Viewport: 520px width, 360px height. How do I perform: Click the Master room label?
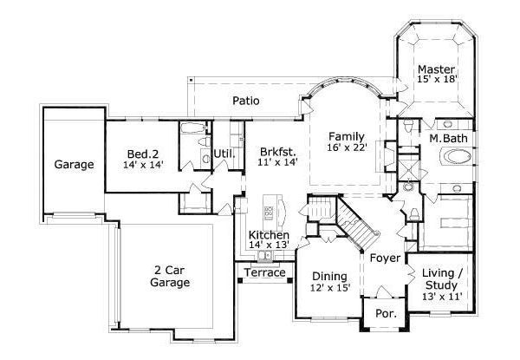[436, 69]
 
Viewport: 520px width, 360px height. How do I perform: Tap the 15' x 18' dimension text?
[436, 80]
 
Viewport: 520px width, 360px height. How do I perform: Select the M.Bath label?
[448, 139]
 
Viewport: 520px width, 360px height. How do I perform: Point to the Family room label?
[345, 136]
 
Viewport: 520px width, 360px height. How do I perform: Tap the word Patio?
[246, 100]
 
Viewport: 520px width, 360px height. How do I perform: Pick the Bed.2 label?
[143, 153]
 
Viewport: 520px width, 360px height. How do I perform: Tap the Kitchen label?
[268, 235]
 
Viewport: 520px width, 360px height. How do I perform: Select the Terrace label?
[264, 273]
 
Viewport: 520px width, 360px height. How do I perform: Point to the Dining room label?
[329, 277]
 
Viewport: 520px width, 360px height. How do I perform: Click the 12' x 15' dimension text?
[329, 288]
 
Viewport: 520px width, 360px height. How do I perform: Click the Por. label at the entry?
[384, 315]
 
